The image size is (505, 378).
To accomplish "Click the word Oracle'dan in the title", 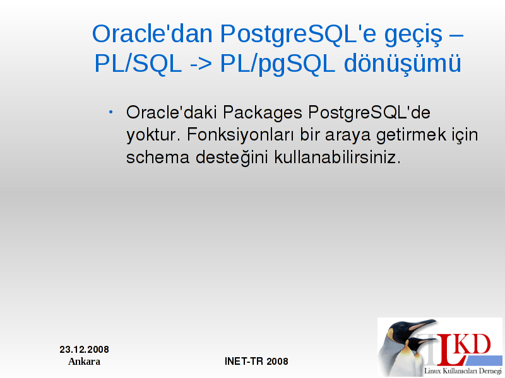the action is (152, 33).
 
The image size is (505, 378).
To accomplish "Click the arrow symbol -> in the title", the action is (201, 64).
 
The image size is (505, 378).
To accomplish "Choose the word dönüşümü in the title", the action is (402, 64).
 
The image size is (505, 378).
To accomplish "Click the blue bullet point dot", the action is (111, 112).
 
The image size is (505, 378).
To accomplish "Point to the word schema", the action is (157, 157).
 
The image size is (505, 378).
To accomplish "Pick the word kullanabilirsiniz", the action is (338, 157).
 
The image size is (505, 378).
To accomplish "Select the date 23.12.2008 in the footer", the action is (85, 350).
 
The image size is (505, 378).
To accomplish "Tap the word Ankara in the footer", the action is (84, 361).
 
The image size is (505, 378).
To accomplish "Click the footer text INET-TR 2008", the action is (256, 361).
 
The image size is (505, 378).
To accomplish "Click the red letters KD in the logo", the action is (473, 345).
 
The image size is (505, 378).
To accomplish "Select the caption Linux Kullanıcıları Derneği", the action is (463, 371).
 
